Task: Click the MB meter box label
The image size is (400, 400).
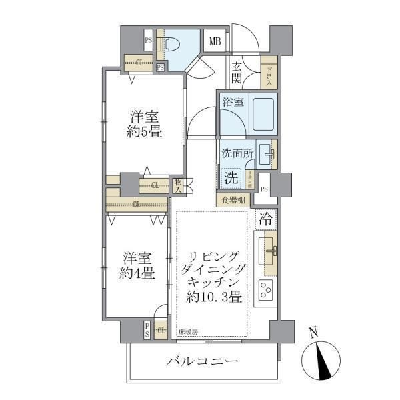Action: point(215,42)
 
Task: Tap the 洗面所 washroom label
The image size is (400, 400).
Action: point(237,153)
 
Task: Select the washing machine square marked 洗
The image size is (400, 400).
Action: point(231,178)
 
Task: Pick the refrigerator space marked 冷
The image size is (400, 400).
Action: point(265,218)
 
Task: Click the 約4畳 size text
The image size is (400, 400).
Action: point(138,272)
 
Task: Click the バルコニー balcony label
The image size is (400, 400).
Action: point(202,361)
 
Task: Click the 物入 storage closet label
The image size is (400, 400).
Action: point(179,185)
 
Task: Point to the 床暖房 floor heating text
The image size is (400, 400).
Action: point(187,331)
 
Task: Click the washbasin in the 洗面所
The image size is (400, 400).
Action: point(267,153)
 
